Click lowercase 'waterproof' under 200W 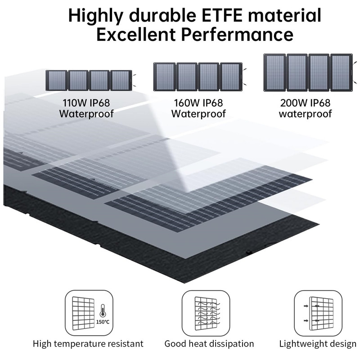point(305,113)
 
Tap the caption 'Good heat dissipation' point(209,344)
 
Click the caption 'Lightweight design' point(318,344)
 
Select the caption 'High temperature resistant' point(88,344)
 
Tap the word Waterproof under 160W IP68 point(198,113)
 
